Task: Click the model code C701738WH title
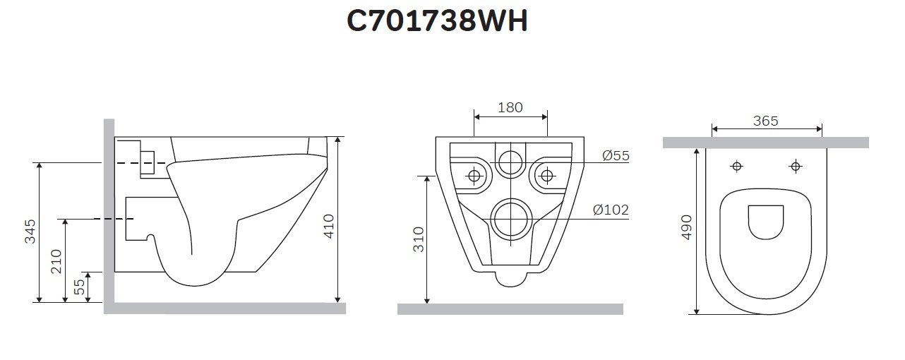(437, 21)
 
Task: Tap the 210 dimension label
(57, 261)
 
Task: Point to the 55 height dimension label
(80, 287)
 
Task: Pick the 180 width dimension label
(510, 107)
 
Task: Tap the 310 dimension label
(417, 239)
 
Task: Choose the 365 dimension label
(766, 121)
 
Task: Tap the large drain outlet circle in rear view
(510, 218)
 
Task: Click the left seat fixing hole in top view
(737, 167)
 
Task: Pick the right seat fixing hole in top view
(796, 167)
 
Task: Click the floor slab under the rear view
(510, 308)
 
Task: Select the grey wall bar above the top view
(766, 143)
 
